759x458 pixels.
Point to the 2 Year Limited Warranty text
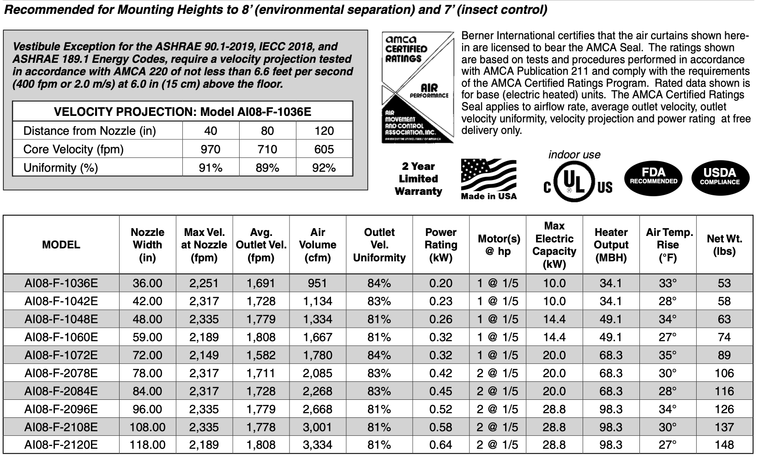coord(418,179)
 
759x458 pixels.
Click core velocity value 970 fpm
coord(211,149)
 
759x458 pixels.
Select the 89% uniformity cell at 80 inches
coord(267,168)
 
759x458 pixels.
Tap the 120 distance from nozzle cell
coord(324,131)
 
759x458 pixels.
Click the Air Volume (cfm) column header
coord(318,245)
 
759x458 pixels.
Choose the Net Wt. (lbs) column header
coord(724,245)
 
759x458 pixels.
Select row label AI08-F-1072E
coord(61,355)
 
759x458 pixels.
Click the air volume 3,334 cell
coord(318,445)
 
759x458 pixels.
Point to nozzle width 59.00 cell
coord(147,337)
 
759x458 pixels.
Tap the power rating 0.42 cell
coord(440,373)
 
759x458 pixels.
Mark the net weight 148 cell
coord(724,445)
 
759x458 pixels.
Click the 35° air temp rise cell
coord(668,355)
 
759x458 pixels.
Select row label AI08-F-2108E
coord(61,427)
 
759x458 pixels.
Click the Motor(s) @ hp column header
coord(499,245)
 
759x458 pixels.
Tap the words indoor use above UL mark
coord(574,155)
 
